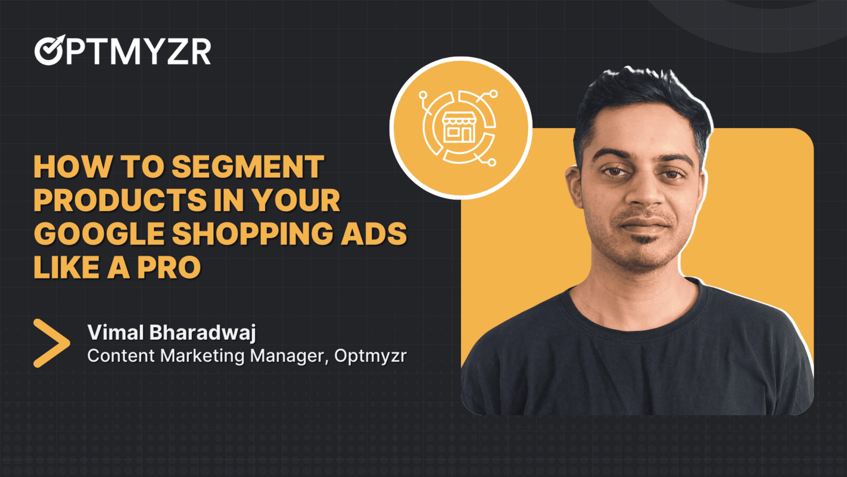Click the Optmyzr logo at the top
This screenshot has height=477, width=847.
[123, 51]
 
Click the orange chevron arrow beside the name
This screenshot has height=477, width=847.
[51, 343]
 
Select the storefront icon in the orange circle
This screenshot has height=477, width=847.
[459, 128]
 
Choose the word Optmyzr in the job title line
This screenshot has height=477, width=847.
[370, 356]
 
